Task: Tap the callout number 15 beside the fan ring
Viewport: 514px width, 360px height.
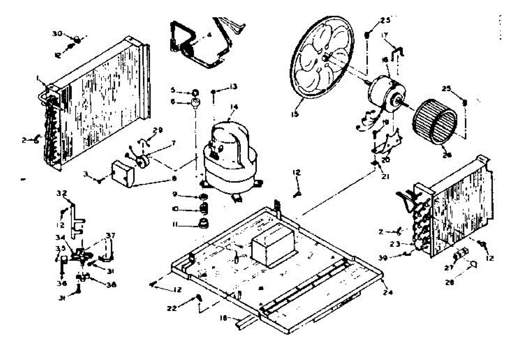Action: pos(295,114)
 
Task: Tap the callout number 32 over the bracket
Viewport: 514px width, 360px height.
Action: pos(61,193)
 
